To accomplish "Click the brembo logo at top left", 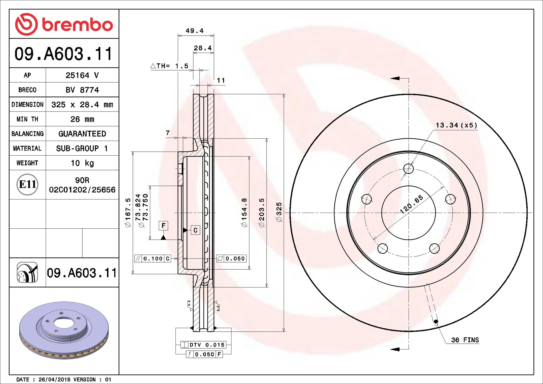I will coord(64,24).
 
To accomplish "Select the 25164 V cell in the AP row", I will coord(82,75).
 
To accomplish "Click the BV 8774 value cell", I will coord(82,90).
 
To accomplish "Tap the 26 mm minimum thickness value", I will coord(82,119).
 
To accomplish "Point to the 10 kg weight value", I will coord(82,163).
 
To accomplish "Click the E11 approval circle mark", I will coord(27,184).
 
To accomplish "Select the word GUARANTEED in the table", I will coord(82,134).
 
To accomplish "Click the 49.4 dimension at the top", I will coord(195,31).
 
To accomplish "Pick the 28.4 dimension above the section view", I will coord(203,48).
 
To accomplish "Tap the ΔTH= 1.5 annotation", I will coord(170,66).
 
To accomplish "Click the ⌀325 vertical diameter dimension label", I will coord(279,212).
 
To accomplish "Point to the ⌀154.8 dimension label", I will coord(244,213).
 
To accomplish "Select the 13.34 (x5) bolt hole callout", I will coord(456,125).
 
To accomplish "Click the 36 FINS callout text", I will coord(465,340).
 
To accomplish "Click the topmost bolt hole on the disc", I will coord(409,169).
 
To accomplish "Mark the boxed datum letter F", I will coord(163,226).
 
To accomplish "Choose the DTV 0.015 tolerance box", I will coord(204,345).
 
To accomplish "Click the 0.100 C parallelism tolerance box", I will coord(153,259).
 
